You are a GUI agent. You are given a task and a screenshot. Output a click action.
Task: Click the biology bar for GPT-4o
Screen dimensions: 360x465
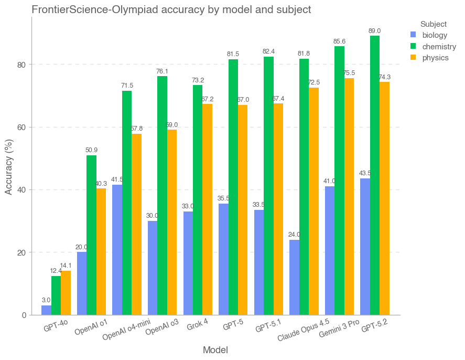click(46, 310)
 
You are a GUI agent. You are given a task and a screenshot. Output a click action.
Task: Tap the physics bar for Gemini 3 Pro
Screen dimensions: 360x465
click(349, 197)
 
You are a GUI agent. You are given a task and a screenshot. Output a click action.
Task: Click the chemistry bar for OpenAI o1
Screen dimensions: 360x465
click(91, 235)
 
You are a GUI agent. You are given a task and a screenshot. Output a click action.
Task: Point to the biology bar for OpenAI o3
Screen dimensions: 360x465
click(153, 268)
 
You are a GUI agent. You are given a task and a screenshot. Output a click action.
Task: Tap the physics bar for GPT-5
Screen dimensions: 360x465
click(242, 210)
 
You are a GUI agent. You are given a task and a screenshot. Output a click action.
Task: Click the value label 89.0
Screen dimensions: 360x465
click(375, 31)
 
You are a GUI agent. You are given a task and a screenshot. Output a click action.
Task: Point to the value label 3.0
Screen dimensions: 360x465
click(46, 300)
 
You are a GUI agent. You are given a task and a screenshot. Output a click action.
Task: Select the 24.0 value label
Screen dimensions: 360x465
click(294, 235)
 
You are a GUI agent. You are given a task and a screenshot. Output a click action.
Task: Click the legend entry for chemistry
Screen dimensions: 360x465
click(439, 47)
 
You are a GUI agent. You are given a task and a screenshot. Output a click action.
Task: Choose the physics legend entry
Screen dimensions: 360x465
click(435, 58)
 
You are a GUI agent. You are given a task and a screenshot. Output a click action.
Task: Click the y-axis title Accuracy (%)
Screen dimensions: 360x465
click(8, 166)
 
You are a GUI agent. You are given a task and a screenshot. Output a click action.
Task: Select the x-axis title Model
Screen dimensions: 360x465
click(215, 350)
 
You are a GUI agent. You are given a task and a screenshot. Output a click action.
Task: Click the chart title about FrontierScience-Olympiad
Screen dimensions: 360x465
click(171, 9)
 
